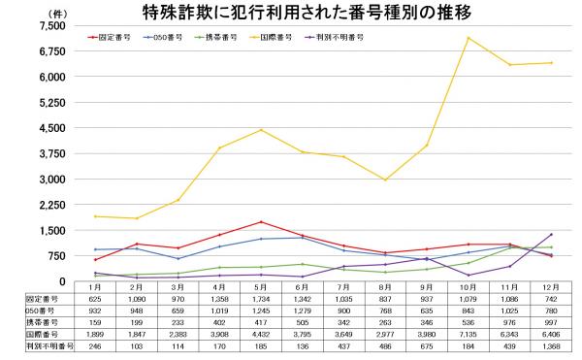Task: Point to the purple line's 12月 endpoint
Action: coord(551,234)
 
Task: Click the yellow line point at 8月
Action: coord(385,180)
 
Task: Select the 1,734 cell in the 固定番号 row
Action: coord(261,300)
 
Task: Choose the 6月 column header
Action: coord(303,288)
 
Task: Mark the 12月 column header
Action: coord(550,288)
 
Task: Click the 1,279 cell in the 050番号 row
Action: coord(302,311)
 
